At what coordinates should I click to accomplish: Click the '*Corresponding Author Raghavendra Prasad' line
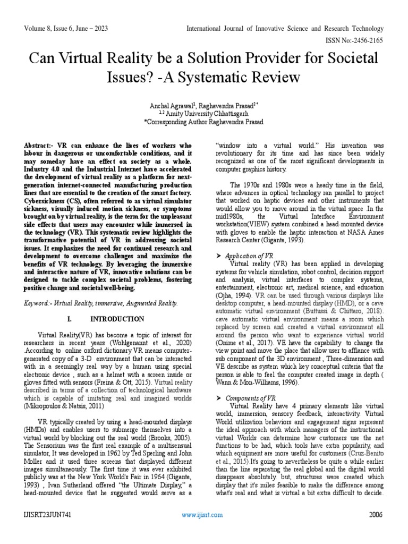tap(204, 122)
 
